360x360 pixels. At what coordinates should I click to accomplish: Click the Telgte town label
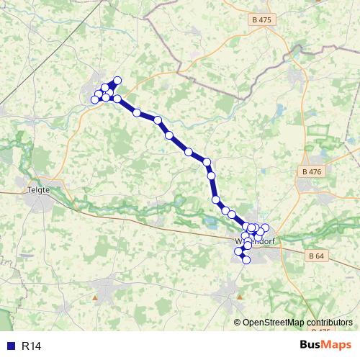pyautogui.click(x=37, y=189)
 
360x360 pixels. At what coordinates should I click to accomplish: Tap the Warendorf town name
pyautogui.click(x=253, y=242)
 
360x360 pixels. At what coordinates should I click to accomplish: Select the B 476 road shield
pyautogui.click(x=312, y=171)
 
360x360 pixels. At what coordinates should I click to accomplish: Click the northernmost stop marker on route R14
pyautogui.click(x=117, y=81)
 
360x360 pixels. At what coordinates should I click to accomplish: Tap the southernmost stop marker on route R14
pyautogui.click(x=246, y=260)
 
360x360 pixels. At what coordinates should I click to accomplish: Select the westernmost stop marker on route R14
pyautogui.click(x=94, y=99)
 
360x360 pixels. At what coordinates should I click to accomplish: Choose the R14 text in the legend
pyautogui.click(x=30, y=346)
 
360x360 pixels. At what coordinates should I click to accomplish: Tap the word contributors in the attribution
pyautogui.click(x=329, y=322)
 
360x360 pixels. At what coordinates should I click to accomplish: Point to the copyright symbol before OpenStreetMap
pyautogui.click(x=237, y=322)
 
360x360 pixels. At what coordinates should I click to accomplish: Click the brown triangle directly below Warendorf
pyautogui.click(x=240, y=296)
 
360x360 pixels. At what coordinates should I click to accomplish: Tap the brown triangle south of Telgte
pyautogui.click(x=94, y=296)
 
